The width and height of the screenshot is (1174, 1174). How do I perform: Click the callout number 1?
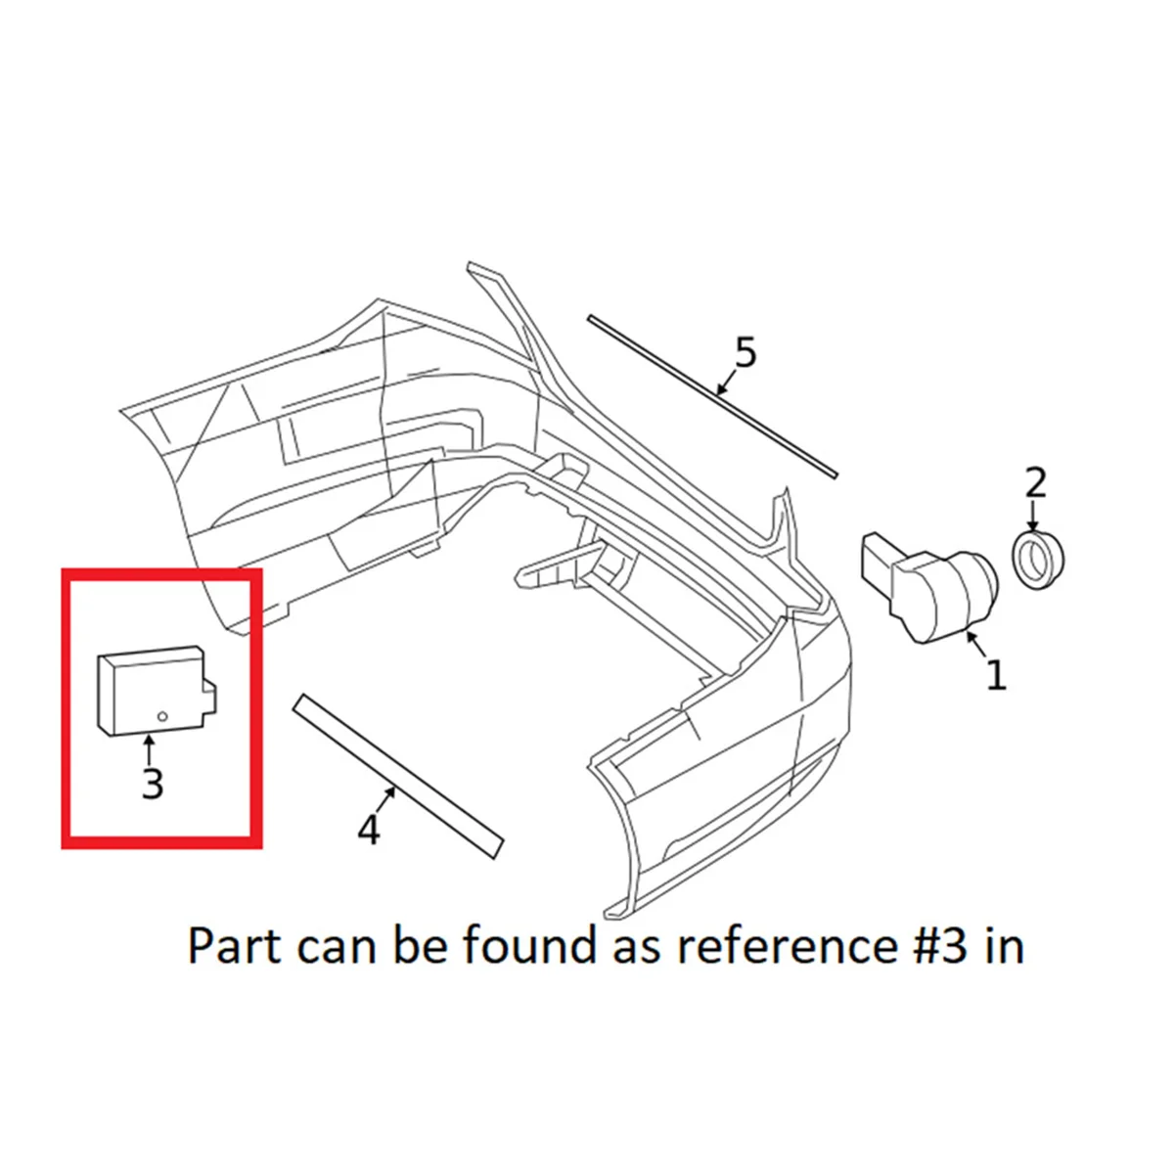pyautogui.click(x=995, y=675)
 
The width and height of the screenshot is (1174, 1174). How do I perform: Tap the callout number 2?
pyautogui.click(x=1035, y=482)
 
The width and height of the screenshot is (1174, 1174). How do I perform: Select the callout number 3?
pyautogui.click(x=152, y=784)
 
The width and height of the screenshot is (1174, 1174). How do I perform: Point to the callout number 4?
pyautogui.click(x=368, y=830)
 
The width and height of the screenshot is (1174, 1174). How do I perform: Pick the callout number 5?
pyautogui.click(x=745, y=353)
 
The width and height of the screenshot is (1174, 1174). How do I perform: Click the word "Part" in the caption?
pyautogui.click(x=233, y=946)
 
